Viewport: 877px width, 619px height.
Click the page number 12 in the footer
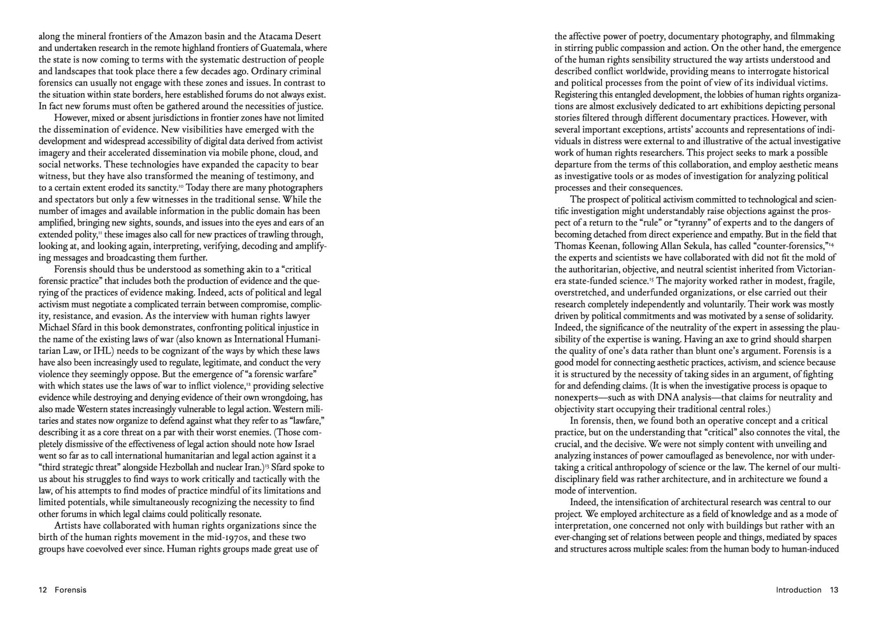pyautogui.click(x=43, y=590)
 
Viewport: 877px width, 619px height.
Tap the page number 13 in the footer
pyautogui.click(x=834, y=590)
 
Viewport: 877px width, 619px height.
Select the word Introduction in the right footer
pyautogui.click(x=799, y=590)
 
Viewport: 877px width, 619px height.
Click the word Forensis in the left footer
pyautogui.click(x=71, y=590)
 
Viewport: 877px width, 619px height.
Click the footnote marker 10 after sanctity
pyautogui.click(x=180, y=186)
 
